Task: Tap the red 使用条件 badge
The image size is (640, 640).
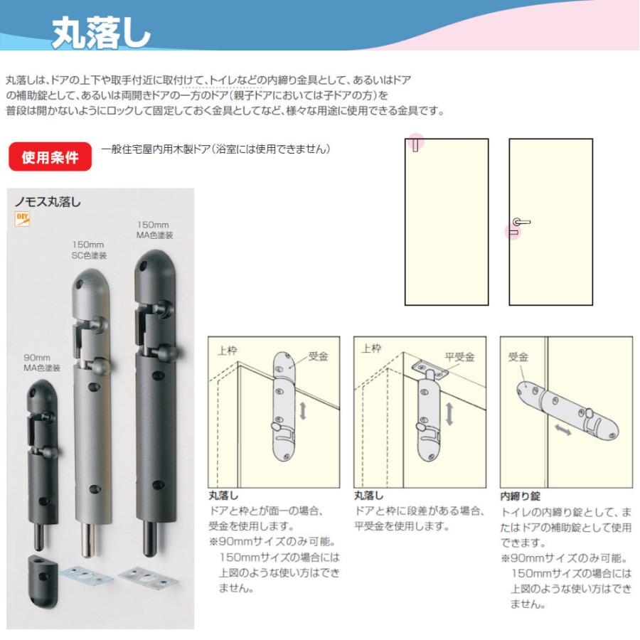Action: [x=50, y=157]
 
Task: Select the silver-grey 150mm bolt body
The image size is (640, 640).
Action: [x=92, y=398]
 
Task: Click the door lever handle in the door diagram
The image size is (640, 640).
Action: [x=521, y=222]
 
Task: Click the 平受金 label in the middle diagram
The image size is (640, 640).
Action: [x=459, y=357]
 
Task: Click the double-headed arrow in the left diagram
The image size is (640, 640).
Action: [x=304, y=411]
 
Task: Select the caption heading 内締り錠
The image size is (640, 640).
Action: [x=521, y=496]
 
